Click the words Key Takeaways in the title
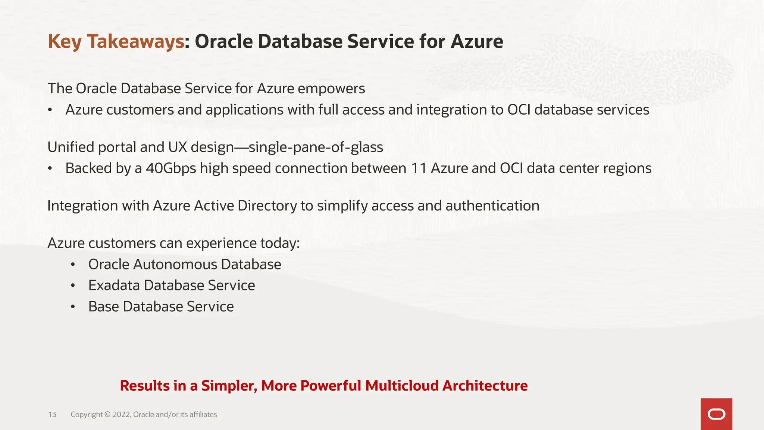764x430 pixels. pos(116,41)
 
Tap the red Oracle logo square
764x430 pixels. pos(716,414)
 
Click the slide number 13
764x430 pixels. pos(52,414)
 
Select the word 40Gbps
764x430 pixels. pos(171,168)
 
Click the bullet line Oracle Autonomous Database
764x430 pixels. pos(185,264)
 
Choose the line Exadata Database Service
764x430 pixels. pos(172,286)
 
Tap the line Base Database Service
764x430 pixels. pos(161,307)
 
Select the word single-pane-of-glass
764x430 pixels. pos(316,147)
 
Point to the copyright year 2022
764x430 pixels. pos(121,414)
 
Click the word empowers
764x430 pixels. pos(331,89)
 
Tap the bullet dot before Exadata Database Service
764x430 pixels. pos(73,286)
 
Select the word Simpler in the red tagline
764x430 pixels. pos(229,386)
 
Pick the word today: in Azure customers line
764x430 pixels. pos(280,243)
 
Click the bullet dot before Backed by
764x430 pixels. pos(50,169)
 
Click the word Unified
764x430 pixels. pos(71,147)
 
